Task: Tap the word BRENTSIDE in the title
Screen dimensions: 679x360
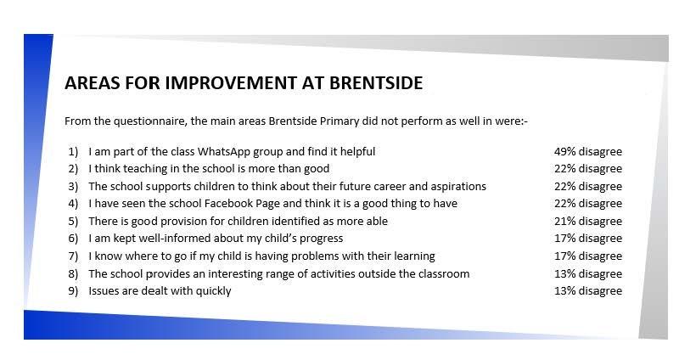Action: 376,82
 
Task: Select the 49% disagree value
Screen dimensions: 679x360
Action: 588,152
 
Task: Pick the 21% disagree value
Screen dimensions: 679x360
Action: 588,222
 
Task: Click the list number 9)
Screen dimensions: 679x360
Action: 73,291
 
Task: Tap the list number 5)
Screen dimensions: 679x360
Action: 73,222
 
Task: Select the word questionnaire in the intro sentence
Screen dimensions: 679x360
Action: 150,121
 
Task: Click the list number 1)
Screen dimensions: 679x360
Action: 73,152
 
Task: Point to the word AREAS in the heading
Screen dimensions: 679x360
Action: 93,82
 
